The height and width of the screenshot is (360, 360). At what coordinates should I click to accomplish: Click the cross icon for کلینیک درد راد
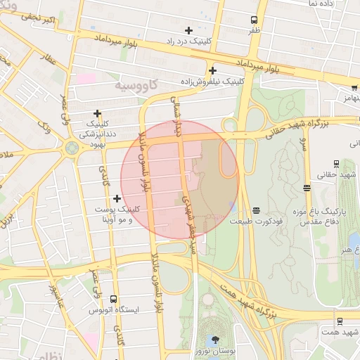[188, 30]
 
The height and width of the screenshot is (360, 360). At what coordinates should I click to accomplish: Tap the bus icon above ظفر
[254, 20]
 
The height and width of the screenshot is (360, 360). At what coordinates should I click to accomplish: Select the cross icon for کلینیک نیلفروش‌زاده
[212, 70]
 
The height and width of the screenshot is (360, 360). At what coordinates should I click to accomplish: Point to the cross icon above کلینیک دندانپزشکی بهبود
[97, 113]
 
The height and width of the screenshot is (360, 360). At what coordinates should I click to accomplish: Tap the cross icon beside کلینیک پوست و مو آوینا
[117, 199]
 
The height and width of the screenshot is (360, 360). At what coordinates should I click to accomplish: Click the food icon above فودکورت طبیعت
[257, 210]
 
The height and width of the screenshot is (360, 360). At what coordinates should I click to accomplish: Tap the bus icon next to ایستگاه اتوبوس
[113, 299]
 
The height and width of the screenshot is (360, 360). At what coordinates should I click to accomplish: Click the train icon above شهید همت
[340, 321]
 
